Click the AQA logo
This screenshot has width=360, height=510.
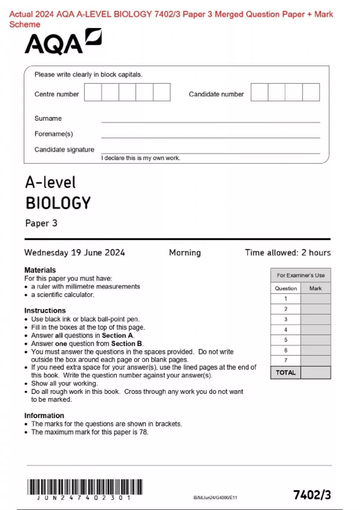(63, 42)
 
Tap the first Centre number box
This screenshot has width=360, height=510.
(93, 92)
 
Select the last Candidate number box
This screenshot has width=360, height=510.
(311, 92)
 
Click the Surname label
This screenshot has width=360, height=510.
(48, 118)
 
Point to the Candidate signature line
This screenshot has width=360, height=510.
(210, 153)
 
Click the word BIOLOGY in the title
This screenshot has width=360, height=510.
(58, 203)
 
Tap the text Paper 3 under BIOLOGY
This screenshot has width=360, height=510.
(41, 223)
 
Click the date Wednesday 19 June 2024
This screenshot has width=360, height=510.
(74, 253)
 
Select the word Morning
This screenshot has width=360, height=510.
(185, 253)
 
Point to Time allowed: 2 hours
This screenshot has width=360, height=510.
(288, 253)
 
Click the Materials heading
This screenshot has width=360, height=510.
(40, 270)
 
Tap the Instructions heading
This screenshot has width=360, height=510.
(45, 310)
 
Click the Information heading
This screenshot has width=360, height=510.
(44, 415)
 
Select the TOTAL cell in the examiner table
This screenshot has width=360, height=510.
(286, 373)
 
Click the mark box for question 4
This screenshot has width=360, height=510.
(315, 330)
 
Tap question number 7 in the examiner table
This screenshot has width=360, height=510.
(286, 360)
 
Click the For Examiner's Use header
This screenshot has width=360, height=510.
(301, 275)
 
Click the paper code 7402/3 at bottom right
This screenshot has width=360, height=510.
(312, 495)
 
